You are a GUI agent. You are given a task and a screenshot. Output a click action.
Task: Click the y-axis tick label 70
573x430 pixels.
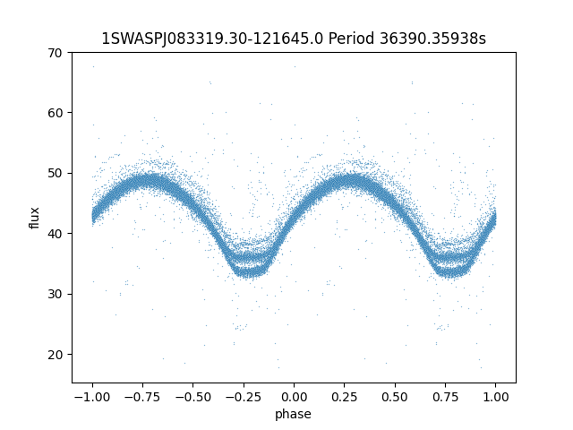click(x=56, y=52)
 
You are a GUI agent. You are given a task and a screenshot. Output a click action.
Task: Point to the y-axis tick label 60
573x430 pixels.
click(x=56, y=113)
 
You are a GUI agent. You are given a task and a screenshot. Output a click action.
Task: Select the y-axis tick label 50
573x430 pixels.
click(x=56, y=173)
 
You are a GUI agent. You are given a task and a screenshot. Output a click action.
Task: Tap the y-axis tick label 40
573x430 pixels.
click(x=56, y=234)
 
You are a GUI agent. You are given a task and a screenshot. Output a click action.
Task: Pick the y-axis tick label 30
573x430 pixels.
click(x=56, y=294)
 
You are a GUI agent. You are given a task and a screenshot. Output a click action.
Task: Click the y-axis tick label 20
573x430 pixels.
click(x=56, y=355)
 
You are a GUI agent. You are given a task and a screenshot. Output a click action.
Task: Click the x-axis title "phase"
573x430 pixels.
click(x=294, y=414)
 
